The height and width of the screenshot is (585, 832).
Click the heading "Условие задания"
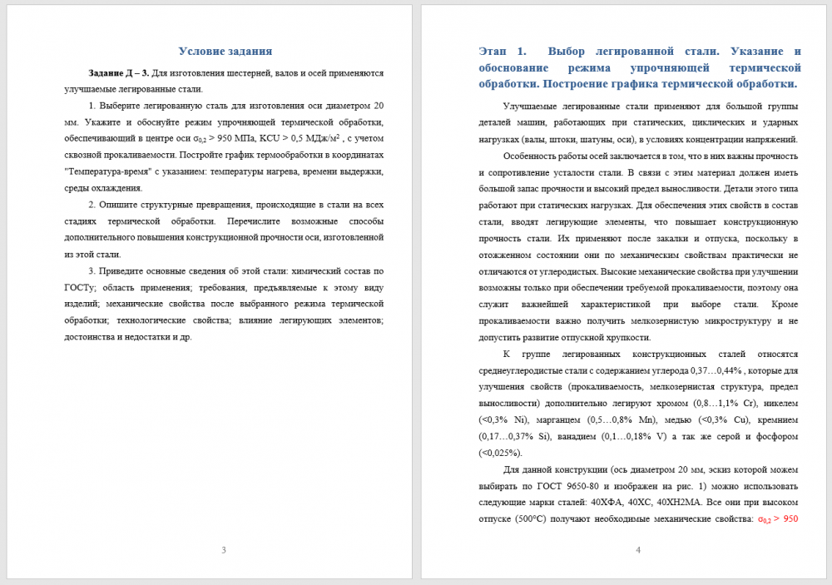[x=225, y=51]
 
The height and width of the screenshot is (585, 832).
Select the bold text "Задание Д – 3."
[x=119, y=73]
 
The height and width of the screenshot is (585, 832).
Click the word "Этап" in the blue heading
[x=495, y=51]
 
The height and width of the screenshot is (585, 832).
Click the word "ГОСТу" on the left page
[x=79, y=287]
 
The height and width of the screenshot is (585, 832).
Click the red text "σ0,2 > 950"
[x=778, y=518]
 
